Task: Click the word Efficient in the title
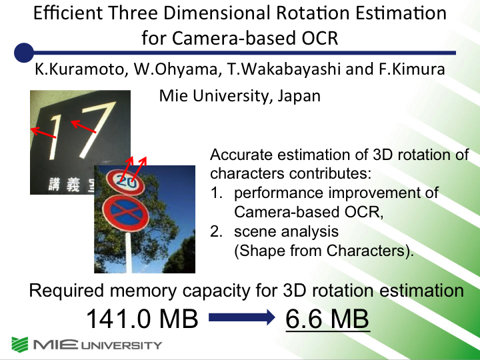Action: (x=68, y=13)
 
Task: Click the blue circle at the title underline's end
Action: (x=24, y=53)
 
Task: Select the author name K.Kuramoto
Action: (x=79, y=69)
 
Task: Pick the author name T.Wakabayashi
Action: (x=284, y=69)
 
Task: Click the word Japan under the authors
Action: (x=299, y=96)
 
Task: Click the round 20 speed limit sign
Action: (x=125, y=183)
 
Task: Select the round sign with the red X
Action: (x=125, y=213)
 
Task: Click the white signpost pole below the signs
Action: (x=129, y=252)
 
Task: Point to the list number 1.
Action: (x=216, y=193)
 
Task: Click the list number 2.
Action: (x=216, y=231)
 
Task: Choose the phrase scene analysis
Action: (x=286, y=231)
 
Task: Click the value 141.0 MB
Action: (x=143, y=319)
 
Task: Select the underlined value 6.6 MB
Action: (x=327, y=319)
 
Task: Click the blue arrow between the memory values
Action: (x=242, y=317)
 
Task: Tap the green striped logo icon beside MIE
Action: (x=20, y=345)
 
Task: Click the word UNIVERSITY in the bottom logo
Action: (x=121, y=345)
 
